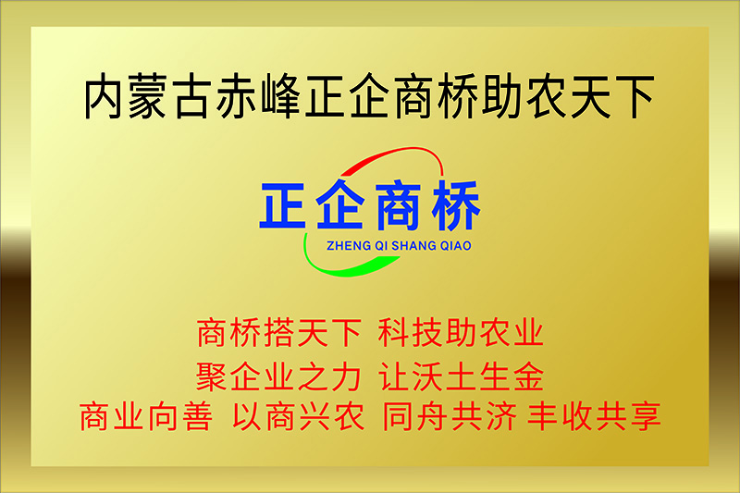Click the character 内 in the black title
tap(104, 96)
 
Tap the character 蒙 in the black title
tap(147, 96)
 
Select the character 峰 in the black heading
tap(280, 96)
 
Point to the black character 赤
tap(236, 96)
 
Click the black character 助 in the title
tap(501, 96)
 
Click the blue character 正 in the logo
tap(282, 205)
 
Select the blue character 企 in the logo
tap(339, 204)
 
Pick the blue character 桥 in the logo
tap(456, 205)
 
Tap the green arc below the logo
tap(339, 269)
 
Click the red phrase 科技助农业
tap(460, 333)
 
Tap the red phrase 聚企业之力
tap(278, 376)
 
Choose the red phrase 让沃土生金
tap(461, 376)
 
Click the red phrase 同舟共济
tap(450, 416)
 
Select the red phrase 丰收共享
tap(594, 416)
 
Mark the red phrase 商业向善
tap(146, 416)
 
